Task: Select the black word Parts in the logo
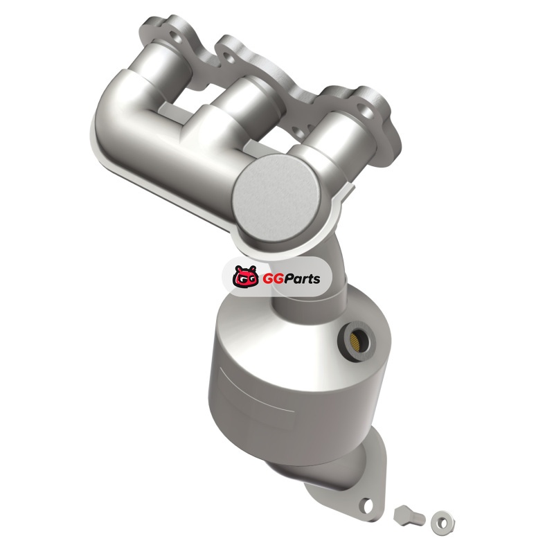pos(303,279)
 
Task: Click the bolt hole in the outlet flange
pos(367,506)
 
